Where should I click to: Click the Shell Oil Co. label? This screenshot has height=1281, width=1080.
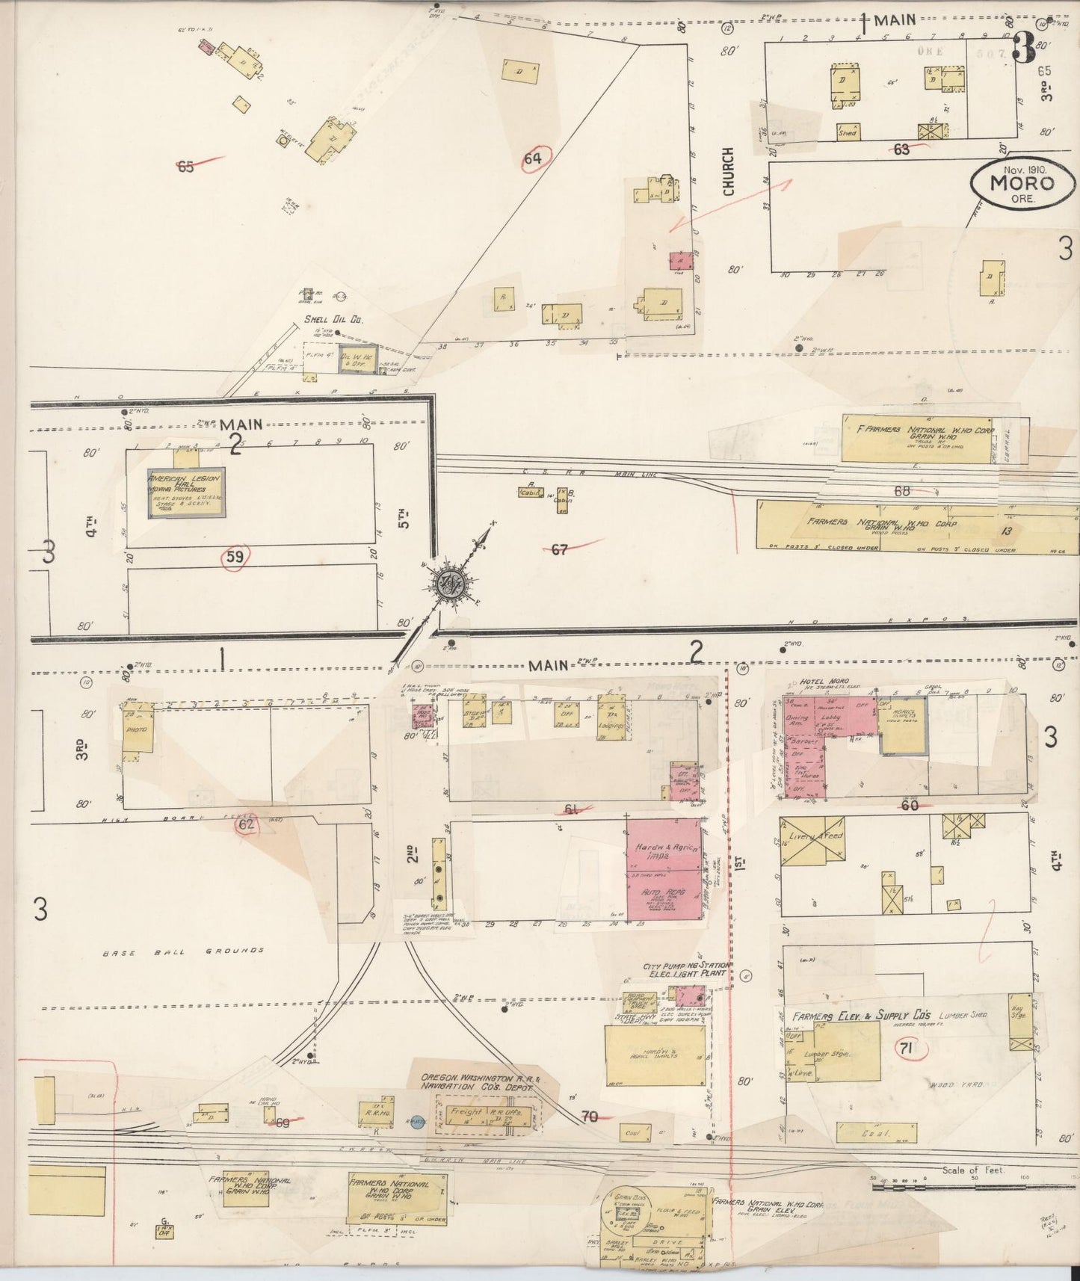(x=333, y=320)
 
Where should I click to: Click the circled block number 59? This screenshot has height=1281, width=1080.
(x=235, y=556)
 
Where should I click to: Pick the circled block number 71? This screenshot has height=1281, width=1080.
(x=906, y=1049)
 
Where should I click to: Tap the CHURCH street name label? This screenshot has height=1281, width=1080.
(x=729, y=171)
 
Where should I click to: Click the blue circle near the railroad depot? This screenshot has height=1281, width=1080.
(x=418, y=1120)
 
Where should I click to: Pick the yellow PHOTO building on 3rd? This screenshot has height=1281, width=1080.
(x=138, y=729)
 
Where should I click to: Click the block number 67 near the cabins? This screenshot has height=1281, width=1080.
(x=559, y=549)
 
